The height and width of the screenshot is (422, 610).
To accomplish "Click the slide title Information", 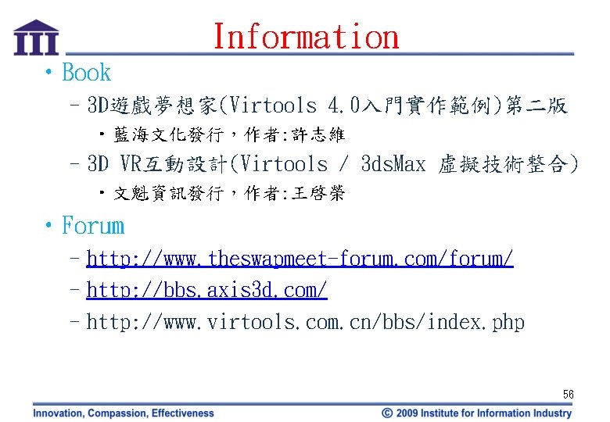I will click(x=306, y=37).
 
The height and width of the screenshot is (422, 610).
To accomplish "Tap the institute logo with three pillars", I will click(x=36, y=38).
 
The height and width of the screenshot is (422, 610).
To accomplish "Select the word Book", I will click(x=86, y=73).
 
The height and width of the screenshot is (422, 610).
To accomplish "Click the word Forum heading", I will click(x=93, y=226).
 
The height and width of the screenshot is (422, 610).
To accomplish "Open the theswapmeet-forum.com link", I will click(x=300, y=259).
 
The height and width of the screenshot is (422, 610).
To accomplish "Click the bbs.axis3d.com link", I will click(x=206, y=290).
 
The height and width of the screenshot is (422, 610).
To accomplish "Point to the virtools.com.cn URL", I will click(x=305, y=321).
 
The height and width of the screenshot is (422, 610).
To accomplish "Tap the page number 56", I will click(x=568, y=395).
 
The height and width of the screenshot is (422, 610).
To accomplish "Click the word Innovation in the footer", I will click(x=59, y=413).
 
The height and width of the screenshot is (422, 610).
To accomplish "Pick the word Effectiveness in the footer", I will click(x=183, y=413).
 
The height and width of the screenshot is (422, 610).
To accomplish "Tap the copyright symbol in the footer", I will click(x=387, y=413).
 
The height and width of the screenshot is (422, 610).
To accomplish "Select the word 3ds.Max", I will click(x=393, y=164).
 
